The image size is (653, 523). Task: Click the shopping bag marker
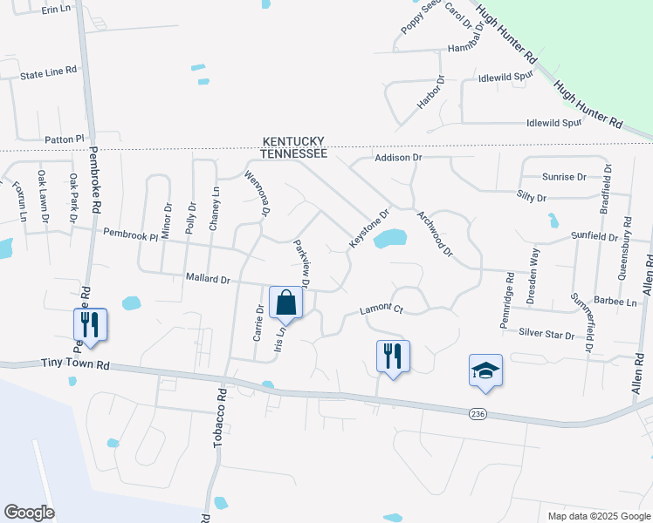click(285, 304)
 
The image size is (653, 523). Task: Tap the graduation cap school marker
click(485, 371)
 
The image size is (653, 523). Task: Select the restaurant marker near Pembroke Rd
click(90, 325)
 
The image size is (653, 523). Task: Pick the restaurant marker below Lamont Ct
click(393, 357)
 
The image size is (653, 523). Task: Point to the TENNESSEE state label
click(293, 153)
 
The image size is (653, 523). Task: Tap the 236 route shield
click(477, 412)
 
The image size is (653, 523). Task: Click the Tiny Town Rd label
click(76, 366)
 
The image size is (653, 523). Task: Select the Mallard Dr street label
click(207, 280)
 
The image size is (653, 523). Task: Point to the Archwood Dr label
click(436, 234)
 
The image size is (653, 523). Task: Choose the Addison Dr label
click(398, 158)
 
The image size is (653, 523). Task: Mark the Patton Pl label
click(64, 139)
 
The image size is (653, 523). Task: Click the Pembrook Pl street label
click(130, 234)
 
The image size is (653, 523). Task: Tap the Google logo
click(29, 513)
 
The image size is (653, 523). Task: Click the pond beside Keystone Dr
click(390, 238)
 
